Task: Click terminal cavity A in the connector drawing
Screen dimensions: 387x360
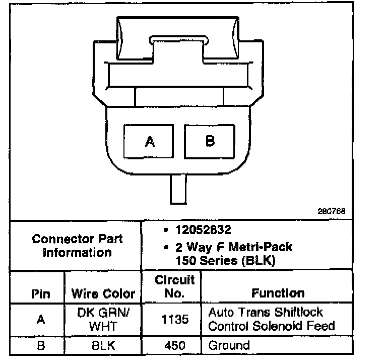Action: (x=149, y=142)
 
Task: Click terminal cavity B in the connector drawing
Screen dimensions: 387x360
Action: (x=210, y=141)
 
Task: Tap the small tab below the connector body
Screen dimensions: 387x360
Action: (x=178, y=190)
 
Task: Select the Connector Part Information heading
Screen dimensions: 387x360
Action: (x=77, y=246)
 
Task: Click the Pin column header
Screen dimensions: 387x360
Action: (x=41, y=294)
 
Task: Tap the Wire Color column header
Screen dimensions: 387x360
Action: (x=103, y=294)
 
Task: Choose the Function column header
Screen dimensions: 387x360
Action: (x=278, y=293)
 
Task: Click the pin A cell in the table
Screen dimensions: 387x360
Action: (x=41, y=319)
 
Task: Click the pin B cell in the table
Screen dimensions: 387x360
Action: (x=41, y=346)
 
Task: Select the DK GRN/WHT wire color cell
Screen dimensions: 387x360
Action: (x=103, y=319)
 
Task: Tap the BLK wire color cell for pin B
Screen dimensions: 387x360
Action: (x=103, y=346)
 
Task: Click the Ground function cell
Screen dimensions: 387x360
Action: (x=229, y=346)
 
